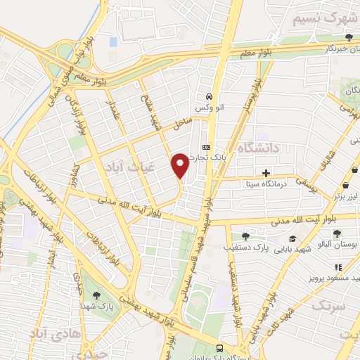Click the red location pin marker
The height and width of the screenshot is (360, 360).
pyautogui.click(x=180, y=165)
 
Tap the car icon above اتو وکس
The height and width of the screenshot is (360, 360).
pyautogui.click(x=209, y=96)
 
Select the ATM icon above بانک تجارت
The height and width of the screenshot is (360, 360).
pyautogui.click(x=205, y=146)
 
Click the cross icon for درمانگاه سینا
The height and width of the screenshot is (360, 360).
pyautogui.click(x=266, y=173)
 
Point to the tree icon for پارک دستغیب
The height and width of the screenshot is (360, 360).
pyautogui.click(x=245, y=236)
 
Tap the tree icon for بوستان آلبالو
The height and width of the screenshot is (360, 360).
pyautogui.click(x=337, y=233)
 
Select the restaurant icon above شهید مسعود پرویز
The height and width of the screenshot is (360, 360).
pyautogui.click(x=337, y=267)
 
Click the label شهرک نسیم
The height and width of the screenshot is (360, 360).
pyautogui.click(x=321, y=18)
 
